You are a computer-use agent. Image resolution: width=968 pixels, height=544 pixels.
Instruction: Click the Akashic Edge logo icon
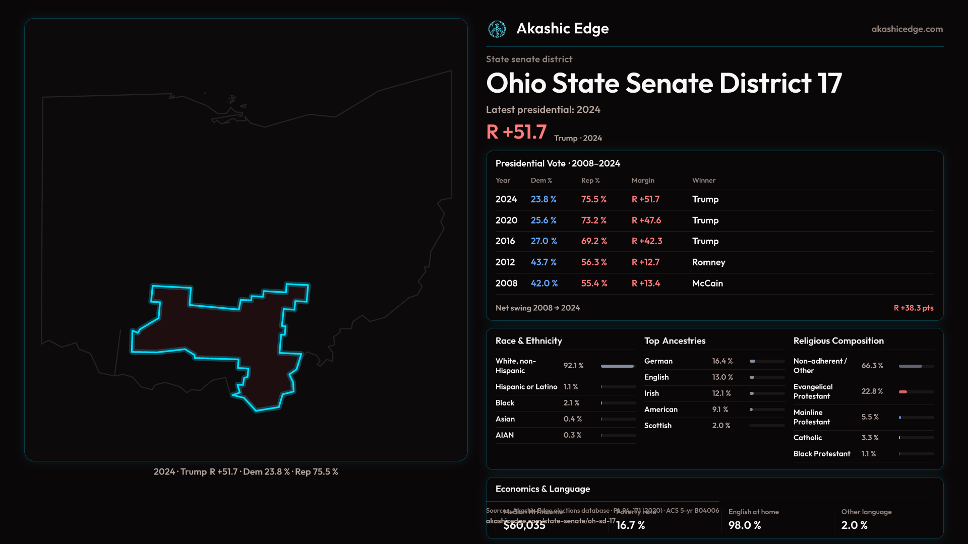pos(497,29)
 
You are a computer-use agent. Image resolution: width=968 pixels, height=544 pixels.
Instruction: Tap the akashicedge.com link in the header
pos(907,29)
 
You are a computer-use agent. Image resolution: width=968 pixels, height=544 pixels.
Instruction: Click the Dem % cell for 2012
pos(543,262)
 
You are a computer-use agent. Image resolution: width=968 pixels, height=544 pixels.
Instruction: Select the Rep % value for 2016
pos(594,241)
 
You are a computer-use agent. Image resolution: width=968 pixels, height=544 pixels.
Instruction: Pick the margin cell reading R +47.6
pos(646,221)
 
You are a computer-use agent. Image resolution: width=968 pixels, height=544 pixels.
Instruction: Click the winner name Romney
pos(708,262)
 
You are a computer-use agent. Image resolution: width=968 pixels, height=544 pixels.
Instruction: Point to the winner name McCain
pos(707,284)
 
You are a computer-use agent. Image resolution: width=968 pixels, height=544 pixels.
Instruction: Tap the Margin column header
pos(643,180)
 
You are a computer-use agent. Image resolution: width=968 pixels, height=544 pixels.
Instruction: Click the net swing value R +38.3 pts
pos(913,308)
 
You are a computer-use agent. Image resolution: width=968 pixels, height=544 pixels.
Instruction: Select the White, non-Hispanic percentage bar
pos(617,366)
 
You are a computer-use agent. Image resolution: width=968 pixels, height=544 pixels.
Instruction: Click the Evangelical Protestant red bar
pos(903,392)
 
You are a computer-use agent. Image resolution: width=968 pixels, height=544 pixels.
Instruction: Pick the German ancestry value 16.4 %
pos(722,361)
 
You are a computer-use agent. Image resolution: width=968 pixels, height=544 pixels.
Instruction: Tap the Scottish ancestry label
pos(657,426)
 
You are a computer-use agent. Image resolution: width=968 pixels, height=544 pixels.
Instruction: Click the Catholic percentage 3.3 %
pos(870,438)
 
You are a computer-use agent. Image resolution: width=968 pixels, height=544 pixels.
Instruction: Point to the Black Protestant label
pos(821,454)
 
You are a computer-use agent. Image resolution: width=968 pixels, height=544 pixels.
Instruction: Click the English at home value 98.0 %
pos(744,525)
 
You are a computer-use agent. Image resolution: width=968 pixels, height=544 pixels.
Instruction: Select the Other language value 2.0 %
pos(854,525)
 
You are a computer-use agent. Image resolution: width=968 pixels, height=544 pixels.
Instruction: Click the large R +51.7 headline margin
pos(516,132)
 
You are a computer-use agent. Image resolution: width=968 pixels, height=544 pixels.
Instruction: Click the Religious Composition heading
pos(838,341)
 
